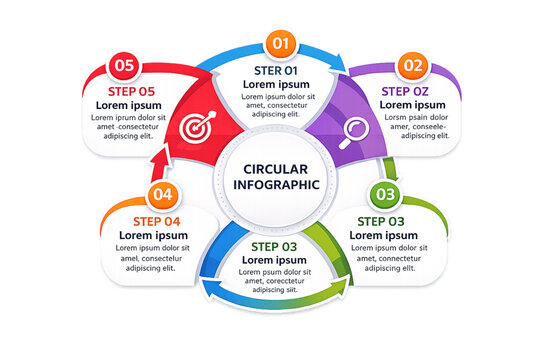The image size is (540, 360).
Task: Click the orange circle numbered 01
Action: click(x=280, y=44)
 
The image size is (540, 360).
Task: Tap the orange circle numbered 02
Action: click(x=412, y=66)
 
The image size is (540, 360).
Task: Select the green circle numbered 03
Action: click(x=387, y=194)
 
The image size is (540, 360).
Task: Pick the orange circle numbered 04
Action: click(x=163, y=195)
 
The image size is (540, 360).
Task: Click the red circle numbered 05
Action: click(x=124, y=66)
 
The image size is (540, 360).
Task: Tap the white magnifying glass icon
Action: click(x=355, y=131)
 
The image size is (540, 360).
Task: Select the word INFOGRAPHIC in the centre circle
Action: click(x=275, y=184)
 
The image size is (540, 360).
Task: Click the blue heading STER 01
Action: click(x=276, y=70)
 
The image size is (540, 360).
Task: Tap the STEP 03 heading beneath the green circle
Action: click(x=381, y=221)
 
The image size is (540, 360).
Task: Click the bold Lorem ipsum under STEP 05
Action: click(x=129, y=105)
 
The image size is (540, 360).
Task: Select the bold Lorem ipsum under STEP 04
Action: click(x=156, y=236)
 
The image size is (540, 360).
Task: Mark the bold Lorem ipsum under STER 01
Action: click(x=276, y=85)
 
